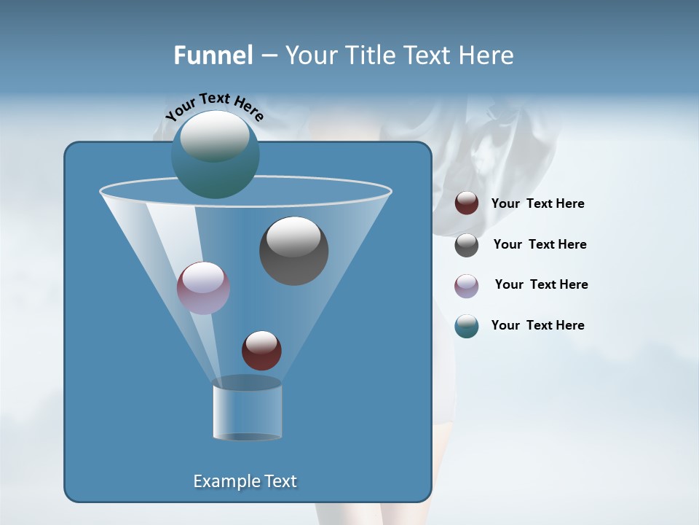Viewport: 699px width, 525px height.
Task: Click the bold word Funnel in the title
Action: click(213, 55)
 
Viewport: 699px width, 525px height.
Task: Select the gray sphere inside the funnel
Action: click(293, 250)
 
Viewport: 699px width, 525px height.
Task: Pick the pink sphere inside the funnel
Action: click(203, 287)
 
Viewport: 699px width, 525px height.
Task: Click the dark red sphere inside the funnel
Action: click(261, 350)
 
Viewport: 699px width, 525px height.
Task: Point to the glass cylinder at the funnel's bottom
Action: click(247, 411)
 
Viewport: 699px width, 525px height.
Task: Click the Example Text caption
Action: click(245, 481)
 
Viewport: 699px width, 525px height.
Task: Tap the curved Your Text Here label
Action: click(214, 106)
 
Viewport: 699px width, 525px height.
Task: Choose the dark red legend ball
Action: click(466, 203)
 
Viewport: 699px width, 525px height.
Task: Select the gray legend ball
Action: click(466, 245)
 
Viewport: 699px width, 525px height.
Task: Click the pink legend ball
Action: click(466, 285)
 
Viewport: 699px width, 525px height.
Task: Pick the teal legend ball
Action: click(466, 326)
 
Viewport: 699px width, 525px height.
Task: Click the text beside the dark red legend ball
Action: click(537, 204)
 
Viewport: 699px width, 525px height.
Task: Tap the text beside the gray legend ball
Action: click(540, 245)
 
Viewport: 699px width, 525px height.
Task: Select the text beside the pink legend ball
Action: click(541, 285)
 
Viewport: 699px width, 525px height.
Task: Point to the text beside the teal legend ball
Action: click(537, 326)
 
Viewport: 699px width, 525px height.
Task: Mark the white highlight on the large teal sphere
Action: click(214, 136)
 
